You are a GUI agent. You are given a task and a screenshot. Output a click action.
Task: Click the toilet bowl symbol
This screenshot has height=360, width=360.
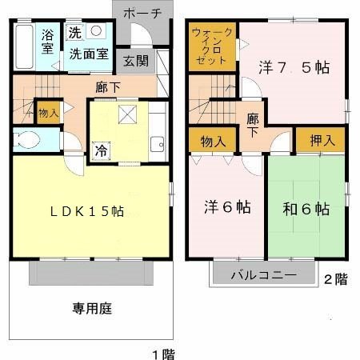click(x=29, y=140)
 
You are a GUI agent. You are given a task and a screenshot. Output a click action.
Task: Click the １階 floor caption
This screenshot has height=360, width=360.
click(x=162, y=353)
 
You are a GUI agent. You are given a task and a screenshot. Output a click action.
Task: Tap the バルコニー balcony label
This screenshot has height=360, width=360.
click(x=264, y=274)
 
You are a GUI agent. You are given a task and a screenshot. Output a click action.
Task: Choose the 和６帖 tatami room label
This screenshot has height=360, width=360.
click(x=306, y=210)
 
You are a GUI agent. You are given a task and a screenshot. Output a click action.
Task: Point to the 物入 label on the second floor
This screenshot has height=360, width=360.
click(x=211, y=141)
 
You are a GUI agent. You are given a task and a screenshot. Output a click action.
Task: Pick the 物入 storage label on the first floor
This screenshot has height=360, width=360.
click(x=48, y=112)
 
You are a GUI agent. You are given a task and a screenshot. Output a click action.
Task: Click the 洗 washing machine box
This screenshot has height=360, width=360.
click(x=74, y=33)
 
